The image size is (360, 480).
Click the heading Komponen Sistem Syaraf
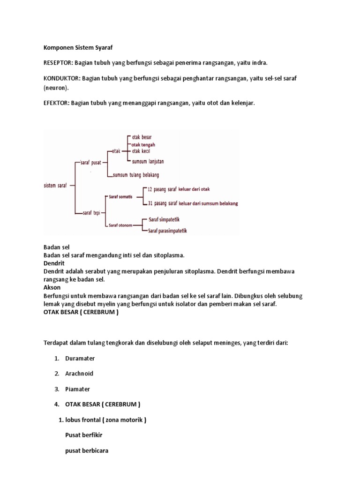(78, 47)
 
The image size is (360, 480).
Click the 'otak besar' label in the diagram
(142, 137)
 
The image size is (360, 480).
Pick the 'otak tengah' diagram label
(143, 145)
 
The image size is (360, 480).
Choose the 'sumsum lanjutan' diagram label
(148, 161)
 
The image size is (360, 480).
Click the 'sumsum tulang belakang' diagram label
(136, 175)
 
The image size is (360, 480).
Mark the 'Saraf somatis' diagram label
(120, 196)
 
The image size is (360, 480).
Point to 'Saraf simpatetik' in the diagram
(164, 219)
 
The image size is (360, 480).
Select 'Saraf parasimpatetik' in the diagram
(167, 230)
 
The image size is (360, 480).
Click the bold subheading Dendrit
(52, 263)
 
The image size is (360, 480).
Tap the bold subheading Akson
(52, 287)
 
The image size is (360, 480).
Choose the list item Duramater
(80, 358)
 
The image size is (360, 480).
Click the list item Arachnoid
(79, 374)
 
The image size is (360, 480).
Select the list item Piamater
(78, 389)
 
